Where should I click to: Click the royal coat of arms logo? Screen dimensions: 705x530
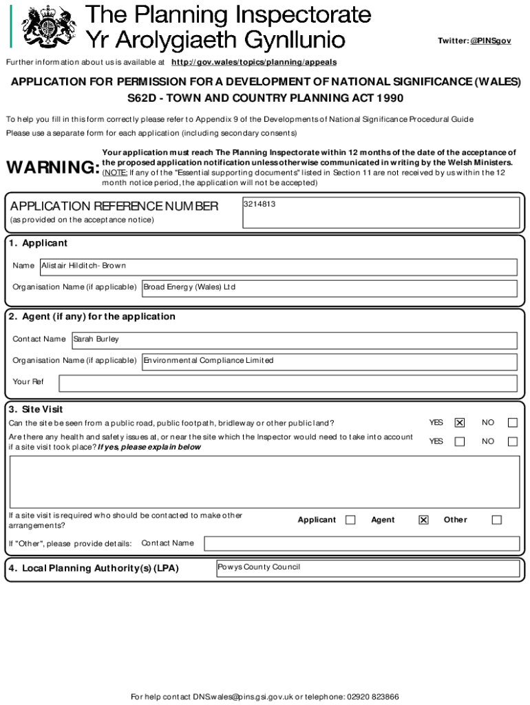pyautogui.click(x=46, y=27)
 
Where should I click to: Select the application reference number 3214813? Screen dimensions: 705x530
pyautogui.click(x=259, y=204)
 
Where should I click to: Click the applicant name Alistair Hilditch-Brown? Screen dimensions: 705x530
pyautogui.click(x=84, y=266)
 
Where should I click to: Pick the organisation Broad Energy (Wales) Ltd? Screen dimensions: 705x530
pyautogui.click(x=189, y=287)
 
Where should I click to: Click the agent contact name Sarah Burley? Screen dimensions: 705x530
pyautogui.click(x=96, y=339)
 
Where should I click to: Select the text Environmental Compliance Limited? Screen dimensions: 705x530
pyautogui.click(x=209, y=361)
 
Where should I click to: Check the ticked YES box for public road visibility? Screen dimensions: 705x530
pyautogui.click(x=460, y=423)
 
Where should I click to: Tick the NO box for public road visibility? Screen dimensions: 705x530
pyautogui.click(x=512, y=423)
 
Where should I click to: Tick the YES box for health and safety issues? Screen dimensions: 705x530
pyautogui.click(x=460, y=441)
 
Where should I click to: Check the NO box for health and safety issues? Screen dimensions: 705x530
pyautogui.click(x=512, y=441)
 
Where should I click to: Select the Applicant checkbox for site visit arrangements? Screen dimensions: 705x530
pyautogui.click(x=350, y=520)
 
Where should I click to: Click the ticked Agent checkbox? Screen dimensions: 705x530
pyautogui.click(x=423, y=520)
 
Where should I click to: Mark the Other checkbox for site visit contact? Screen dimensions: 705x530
pyautogui.click(x=496, y=520)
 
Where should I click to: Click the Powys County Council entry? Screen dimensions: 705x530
pyautogui.click(x=259, y=568)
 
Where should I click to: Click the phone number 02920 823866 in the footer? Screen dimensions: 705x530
pyautogui.click(x=372, y=696)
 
